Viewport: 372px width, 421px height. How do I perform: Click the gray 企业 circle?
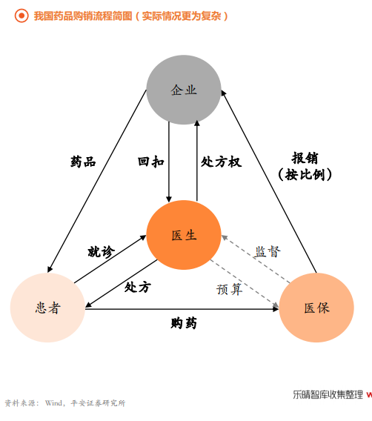coord(184,90)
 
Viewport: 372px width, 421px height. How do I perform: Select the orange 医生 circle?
coord(184,235)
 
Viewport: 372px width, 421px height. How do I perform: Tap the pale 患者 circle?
coord(47,308)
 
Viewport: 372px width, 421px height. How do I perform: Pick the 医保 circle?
coord(316,308)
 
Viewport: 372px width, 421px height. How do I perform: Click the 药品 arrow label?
coord(83,162)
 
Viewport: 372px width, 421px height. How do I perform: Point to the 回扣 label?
coord(151,162)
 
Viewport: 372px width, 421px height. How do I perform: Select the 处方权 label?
coord(222,162)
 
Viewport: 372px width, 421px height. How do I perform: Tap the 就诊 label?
coord(102,251)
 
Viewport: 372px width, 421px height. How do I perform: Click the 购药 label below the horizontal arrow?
coord(184,322)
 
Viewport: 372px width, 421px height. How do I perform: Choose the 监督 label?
coord(268,251)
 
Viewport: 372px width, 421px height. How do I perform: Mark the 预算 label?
coord(230,289)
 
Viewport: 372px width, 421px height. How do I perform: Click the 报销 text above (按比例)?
coord(305,158)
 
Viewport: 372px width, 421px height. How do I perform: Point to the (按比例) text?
coord(305,174)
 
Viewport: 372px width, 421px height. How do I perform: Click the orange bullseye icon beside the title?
coord(21,16)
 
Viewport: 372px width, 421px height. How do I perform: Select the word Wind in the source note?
coord(53,403)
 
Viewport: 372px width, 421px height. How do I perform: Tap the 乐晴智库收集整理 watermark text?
coord(328,394)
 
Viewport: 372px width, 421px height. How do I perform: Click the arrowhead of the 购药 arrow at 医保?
coord(276,309)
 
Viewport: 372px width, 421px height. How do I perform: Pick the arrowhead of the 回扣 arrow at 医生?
coord(169,199)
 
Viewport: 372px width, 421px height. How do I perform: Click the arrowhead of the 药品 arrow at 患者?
coord(49,269)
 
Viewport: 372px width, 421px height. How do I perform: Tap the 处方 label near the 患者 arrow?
coord(138,287)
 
